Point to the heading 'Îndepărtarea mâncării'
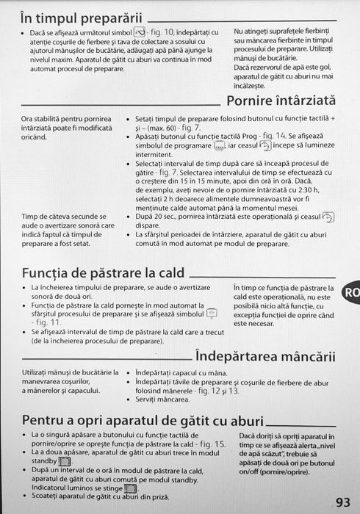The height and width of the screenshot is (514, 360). click(265, 358)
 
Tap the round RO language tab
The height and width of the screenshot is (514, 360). click(351, 292)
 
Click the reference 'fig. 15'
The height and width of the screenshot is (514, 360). click(209, 446)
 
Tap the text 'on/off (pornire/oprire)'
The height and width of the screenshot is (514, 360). click(277, 472)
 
